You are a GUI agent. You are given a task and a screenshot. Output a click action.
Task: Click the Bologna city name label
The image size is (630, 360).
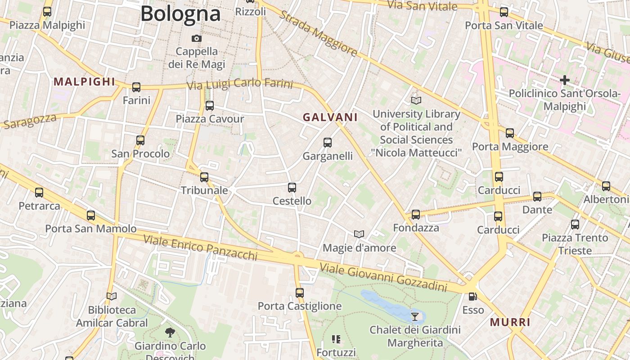(x=180, y=13)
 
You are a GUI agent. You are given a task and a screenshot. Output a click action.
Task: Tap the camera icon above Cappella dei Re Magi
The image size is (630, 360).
(x=197, y=38)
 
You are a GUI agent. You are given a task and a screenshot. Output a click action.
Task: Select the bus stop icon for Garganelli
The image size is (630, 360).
(x=328, y=143)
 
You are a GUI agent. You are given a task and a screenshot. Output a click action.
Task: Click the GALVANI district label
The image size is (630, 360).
(x=330, y=117)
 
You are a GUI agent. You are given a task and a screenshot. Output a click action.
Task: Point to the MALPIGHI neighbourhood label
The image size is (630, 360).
(x=85, y=82)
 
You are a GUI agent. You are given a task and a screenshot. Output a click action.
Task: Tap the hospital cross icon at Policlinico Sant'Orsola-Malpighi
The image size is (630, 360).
(x=564, y=81)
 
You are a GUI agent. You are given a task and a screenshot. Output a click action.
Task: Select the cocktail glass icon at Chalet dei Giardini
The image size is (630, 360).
(x=415, y=316)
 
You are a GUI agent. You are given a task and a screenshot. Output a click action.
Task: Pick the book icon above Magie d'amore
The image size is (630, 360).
(x=359, y=234)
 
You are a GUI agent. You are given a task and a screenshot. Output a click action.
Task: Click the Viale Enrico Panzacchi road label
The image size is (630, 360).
(x=200, y=247)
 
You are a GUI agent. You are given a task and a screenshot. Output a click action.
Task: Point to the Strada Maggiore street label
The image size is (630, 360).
(x=319, y=34)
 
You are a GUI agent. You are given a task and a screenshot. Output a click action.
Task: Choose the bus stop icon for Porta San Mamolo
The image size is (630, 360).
(x=91, y=215)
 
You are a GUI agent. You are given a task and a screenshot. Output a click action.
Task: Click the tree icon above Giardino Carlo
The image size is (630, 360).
(x=170, y=333)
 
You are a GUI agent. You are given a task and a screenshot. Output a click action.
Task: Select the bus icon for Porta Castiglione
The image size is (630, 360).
(x=300, y=293)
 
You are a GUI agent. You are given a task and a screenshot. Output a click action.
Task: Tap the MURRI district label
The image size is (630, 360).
(x=510, y=322)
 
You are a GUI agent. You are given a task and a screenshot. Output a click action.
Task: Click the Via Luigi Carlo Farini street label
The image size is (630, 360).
(x=239, y=85)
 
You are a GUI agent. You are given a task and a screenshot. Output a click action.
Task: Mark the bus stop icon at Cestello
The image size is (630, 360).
(x=292, y=188)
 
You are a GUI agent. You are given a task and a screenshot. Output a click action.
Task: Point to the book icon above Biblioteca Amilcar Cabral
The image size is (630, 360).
(x=112, y=296)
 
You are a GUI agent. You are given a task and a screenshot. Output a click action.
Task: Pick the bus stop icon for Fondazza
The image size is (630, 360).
(x=416, y=215)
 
